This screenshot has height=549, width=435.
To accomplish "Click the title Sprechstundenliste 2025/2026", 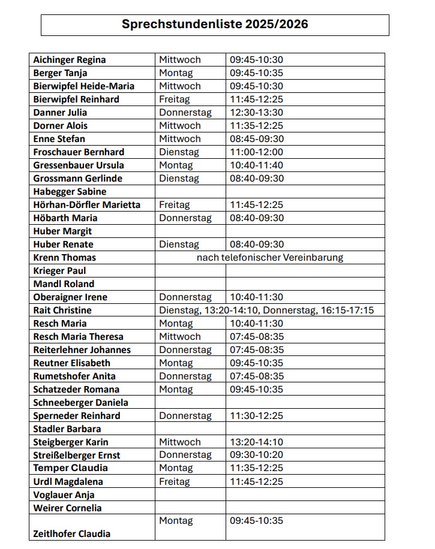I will (215, 25).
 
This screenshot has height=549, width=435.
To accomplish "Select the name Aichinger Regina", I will (70, 60).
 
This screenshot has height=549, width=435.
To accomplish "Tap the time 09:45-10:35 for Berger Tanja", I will (256, 73).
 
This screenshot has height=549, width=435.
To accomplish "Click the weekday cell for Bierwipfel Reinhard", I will (175, 99).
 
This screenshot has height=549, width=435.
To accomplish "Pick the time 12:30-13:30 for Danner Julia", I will (256, 113).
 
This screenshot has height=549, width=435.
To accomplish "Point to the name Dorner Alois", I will (61, 126).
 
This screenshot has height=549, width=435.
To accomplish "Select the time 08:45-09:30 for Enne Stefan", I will (256, 139).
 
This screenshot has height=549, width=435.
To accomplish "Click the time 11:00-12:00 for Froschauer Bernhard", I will (256, 152).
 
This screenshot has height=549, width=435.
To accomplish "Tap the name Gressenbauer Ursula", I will (79, 165).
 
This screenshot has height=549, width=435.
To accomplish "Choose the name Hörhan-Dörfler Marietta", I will (87, 205).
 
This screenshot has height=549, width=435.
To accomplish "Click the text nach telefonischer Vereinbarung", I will (270, 258).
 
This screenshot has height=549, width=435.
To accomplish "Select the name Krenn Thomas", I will (65, 258).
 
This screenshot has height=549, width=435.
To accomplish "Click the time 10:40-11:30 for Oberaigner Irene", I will (256, 297).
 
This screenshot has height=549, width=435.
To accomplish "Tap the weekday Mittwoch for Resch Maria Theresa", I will (180, 337).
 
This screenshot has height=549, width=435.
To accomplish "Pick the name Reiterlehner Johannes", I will (82, 350).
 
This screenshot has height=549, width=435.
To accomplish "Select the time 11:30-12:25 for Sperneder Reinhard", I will (256, 416).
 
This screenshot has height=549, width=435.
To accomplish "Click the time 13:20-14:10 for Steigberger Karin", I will (256, 442).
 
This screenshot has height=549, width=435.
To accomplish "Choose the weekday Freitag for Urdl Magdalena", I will (175, 482).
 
